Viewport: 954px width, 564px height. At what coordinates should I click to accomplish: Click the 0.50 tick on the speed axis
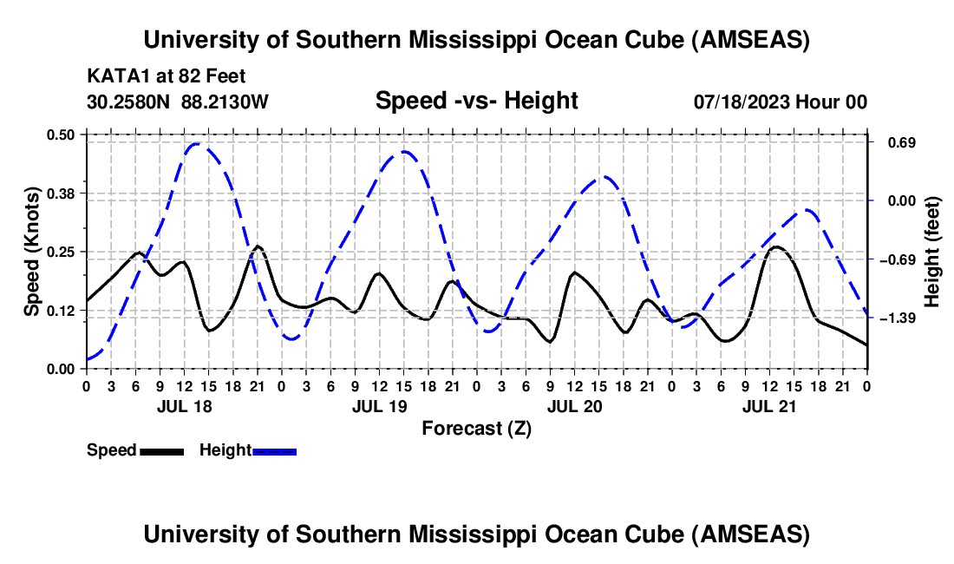point(66,134)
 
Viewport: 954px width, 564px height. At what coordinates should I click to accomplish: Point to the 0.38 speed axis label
point(66,193)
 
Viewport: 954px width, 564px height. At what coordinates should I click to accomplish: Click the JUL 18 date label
point(183,406)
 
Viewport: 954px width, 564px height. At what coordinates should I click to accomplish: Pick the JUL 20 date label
point(574,406)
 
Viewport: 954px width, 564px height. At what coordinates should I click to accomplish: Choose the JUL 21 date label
point(769,406)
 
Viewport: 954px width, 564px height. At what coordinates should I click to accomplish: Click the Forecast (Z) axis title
point(476,428)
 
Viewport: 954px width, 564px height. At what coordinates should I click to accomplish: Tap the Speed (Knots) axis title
point(31,251)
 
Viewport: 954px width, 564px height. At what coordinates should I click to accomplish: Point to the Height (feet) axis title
point(932,251)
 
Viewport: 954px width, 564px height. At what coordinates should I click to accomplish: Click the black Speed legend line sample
point(162,450)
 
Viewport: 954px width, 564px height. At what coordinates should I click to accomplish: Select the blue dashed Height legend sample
point(275,450)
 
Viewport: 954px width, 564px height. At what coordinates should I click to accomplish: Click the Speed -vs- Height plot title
point(476,101)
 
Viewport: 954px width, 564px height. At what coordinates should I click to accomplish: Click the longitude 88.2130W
point(225,102)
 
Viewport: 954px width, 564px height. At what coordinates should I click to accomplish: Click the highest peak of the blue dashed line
point(196,144)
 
